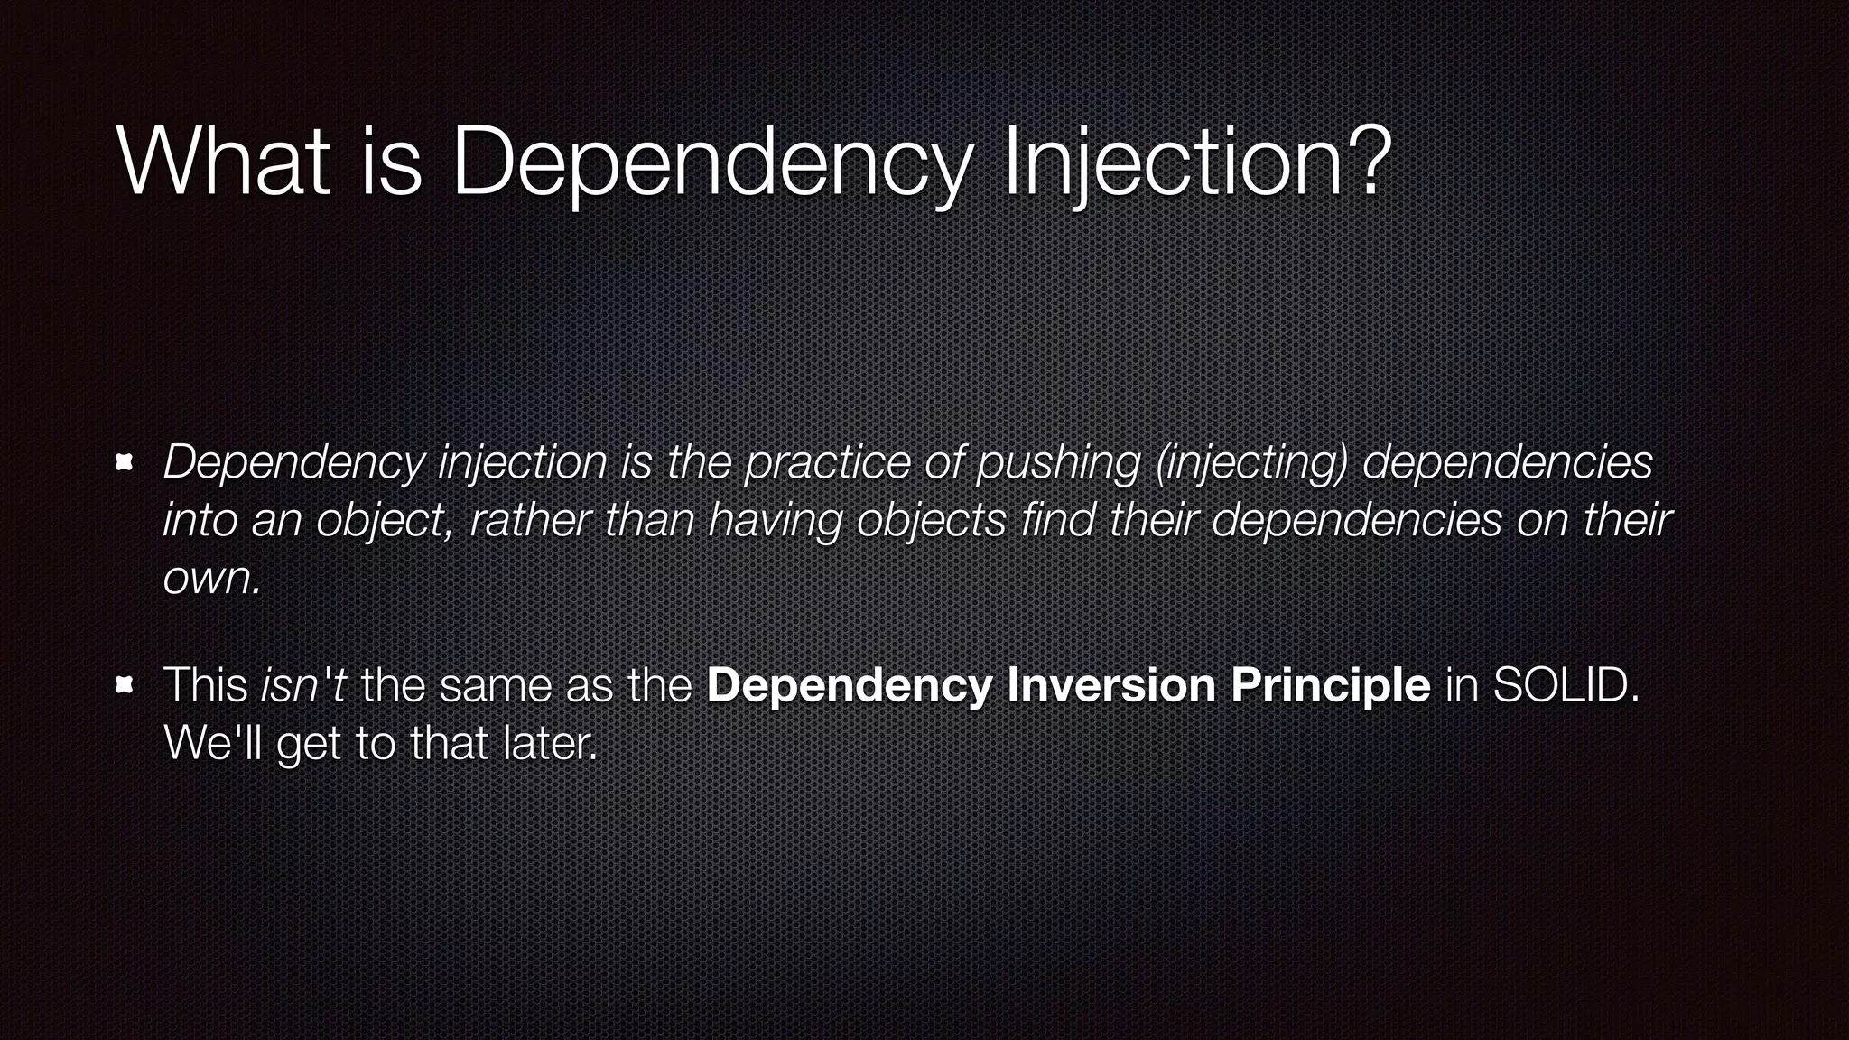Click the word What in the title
(x=223, y=162)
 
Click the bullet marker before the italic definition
(x=125, y=463)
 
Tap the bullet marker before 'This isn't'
(x=125, y=686)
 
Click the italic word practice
(x=827, y=462)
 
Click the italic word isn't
(x=303, y=685)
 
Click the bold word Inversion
(x=1111, y=685)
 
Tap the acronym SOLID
(x=1565, y=685)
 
